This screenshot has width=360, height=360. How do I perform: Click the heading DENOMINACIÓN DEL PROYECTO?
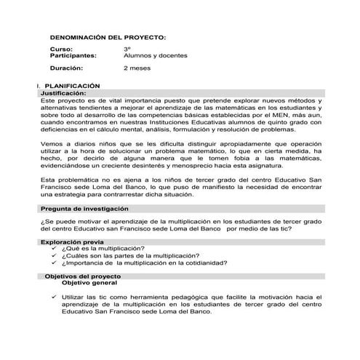pyautogui.click(x=108, y=36)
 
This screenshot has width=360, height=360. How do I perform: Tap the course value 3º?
pyautogui.click(x=128, y=49)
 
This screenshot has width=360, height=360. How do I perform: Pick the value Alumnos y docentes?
pyautogui.click(x=156, y=55)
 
